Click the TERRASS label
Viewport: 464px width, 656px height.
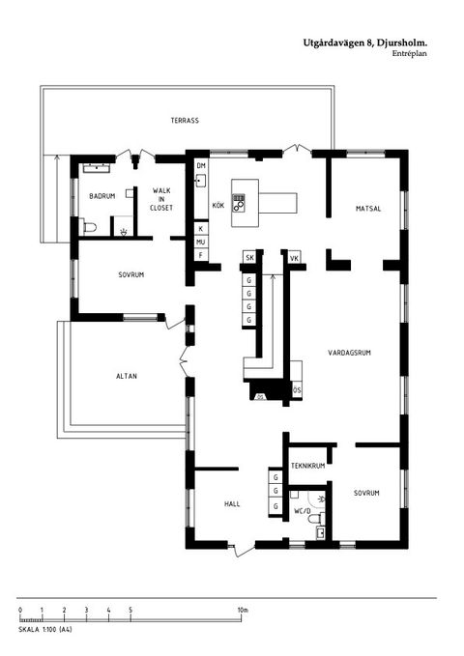[x=185, y=122]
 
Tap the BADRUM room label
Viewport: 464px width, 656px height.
[x=102, y=196]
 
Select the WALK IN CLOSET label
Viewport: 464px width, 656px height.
[x=161, y=199]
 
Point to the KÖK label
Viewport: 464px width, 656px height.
[x=218, y=207]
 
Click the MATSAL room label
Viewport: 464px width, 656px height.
[x=367, y=208]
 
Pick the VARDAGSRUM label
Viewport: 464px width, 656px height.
[x=349, y=353]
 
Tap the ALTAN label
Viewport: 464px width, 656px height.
[x=127, y=376]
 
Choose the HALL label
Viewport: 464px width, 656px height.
[x=232, y=503]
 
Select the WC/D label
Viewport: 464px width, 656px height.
[x=303, y=509]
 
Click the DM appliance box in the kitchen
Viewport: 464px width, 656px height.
[x=201, y=166]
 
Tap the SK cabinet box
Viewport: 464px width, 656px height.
[x=249, y=258]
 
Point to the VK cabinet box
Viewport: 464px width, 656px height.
[x=294, y=258]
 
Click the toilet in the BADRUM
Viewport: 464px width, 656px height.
[x=91, y=228]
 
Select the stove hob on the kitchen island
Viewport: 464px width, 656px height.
[x=240, y=203]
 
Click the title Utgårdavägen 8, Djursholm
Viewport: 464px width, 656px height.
[x=364, y=43]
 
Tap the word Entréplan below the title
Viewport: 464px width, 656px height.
[x=410, y=54]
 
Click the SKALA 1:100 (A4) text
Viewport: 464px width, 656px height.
[x=45, y=630]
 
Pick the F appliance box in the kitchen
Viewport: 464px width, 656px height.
[x=200, y=255]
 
